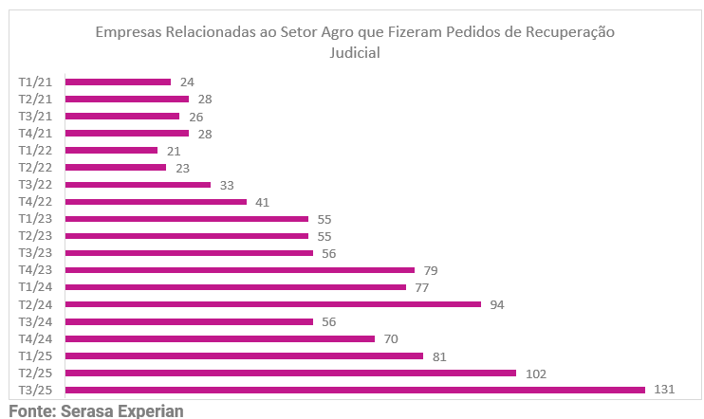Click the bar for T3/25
[x=355, y=390]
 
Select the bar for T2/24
[x=273, y=304]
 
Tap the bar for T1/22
[x=111, y=150]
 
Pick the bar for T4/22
[x=156, y=201]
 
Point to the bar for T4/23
[x=240, y=270]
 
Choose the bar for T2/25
[x=290, y=373]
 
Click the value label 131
[x=665, y=390]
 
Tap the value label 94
[x=497, y=304]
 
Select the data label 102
[x=536, y=373]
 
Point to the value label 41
[x=263, y=201]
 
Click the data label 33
[x=227, y=184]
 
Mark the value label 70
[x=391, y=338]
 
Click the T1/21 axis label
[x=35, y=82]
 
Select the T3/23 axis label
[x=35, y=253]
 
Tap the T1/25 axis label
[x=35, y=355]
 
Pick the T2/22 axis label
[x=35, y=167]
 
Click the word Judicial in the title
[x=354, y=53]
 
